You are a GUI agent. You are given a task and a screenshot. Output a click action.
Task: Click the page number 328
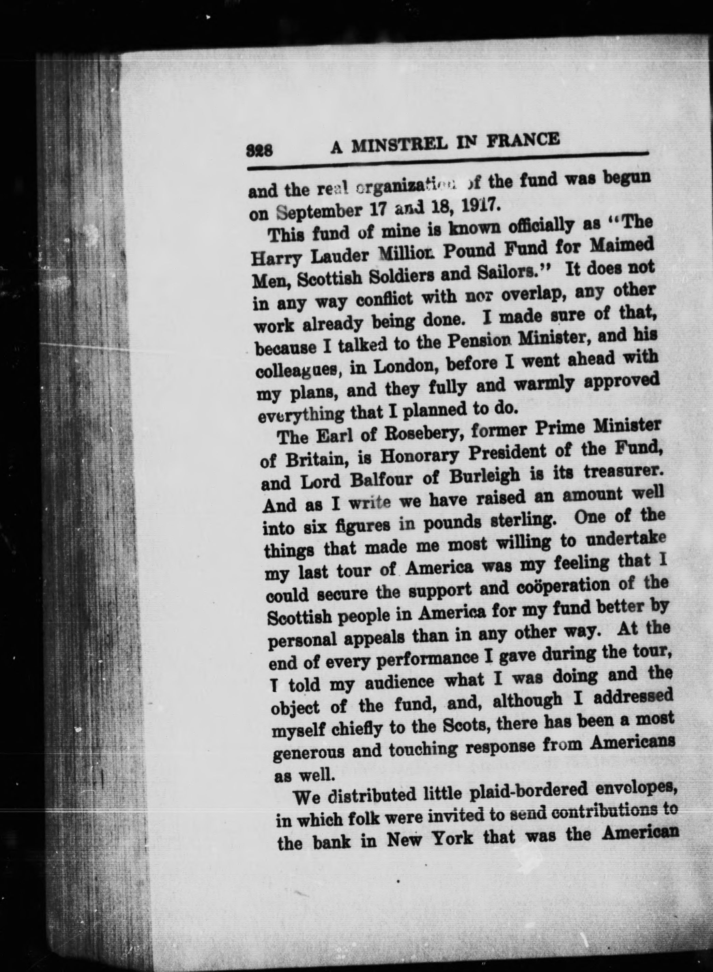(x=259, y=151)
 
